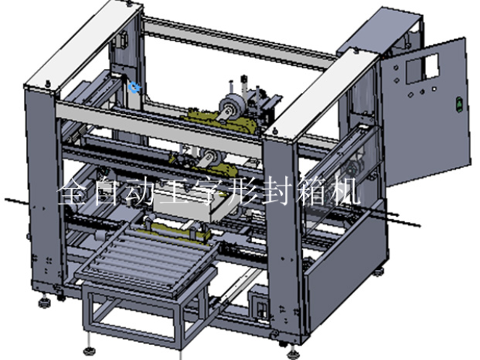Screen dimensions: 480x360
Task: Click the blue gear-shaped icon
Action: pyautogui.click(x=134, y=87)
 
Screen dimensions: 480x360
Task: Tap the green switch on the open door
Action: pyautogui.click(x=459, y=103)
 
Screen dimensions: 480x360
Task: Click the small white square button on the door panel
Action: pyautogui.click(x=433, y=89)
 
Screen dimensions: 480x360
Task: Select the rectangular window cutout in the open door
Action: pyautogui.click(x=422, y=68)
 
